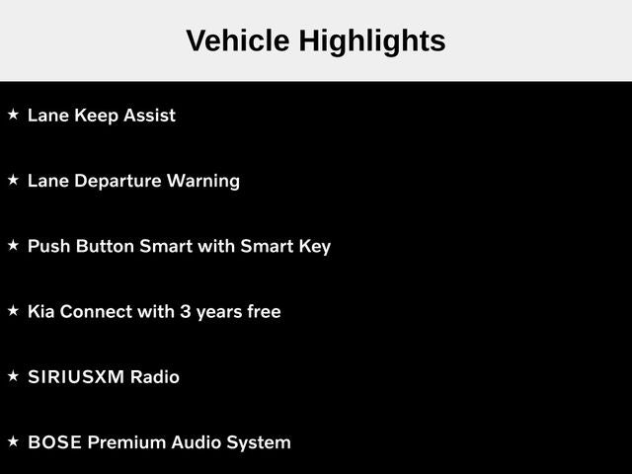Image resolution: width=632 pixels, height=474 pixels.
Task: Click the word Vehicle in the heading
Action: coord(238,40)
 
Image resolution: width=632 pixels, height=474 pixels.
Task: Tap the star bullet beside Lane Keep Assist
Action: coord(13,115)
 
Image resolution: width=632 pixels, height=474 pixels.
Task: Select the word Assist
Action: coord(149,116)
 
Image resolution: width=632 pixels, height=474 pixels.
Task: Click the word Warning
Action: coord(203,182)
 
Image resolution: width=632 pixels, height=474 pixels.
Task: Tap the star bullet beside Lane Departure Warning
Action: coord(13,180)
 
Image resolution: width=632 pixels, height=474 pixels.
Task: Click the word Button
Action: coord(105,246)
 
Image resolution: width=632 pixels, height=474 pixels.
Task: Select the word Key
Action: coord(315,247)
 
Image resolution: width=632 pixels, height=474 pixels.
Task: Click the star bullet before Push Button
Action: coord(13,245)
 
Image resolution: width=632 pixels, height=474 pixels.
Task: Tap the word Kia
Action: coord(41,312)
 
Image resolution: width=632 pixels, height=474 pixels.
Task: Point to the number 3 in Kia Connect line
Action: coord(185,312)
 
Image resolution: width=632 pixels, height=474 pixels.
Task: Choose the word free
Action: coord(264,312)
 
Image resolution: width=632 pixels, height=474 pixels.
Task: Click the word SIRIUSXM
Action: coord(76,377)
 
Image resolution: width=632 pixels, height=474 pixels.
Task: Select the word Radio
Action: coord(155,377)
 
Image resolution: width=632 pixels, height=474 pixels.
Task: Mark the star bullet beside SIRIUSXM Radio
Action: coord(13,376)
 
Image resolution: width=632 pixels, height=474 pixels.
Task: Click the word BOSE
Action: coord(55,442)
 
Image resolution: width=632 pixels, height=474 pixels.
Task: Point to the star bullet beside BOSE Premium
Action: coord(13,441)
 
